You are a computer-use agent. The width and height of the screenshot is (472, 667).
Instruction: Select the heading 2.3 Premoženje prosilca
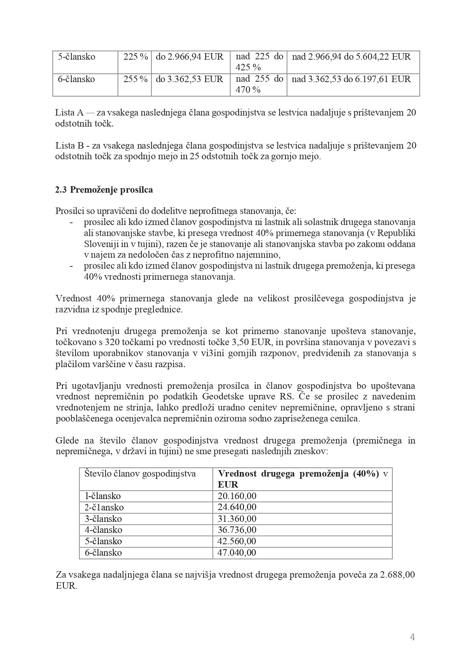104,190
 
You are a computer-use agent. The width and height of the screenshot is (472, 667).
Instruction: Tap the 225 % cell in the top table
135,57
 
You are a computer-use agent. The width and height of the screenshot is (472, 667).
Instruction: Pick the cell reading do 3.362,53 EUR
190,79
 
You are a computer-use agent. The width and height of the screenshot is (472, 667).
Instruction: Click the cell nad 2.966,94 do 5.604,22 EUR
351,57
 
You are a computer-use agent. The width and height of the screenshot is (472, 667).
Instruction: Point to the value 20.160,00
237,496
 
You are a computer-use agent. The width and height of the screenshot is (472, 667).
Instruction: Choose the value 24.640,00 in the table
237,507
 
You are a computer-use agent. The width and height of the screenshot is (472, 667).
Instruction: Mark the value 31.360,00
237,519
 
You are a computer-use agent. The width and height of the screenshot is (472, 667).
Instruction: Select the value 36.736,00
237,530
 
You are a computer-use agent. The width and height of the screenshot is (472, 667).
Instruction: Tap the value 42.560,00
237,541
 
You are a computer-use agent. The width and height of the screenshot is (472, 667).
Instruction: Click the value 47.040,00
237,553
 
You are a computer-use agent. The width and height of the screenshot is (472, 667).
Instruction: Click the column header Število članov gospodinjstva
140,474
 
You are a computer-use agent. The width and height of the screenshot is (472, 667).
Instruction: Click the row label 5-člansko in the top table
76,57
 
